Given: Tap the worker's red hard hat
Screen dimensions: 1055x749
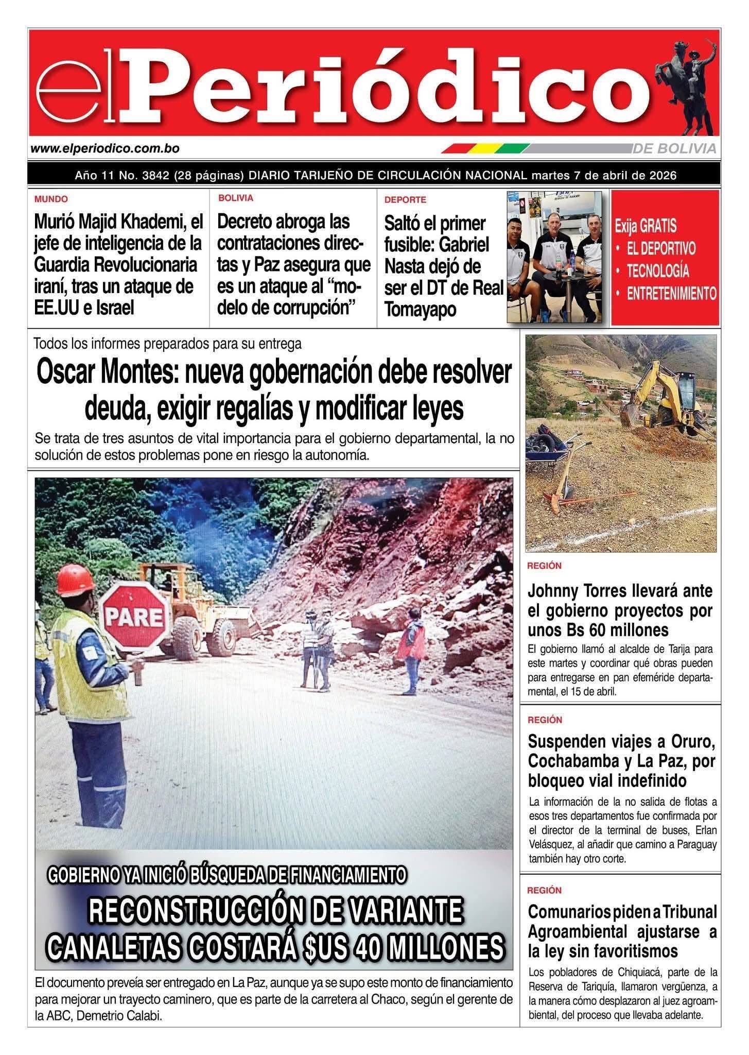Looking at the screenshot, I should tap(75, 579).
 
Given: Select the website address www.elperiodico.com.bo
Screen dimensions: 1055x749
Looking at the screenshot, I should tap(105, 149).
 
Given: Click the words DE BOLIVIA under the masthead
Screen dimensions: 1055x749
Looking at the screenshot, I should tap(674, 149).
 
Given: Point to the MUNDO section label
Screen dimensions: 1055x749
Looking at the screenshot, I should tap(51, 199).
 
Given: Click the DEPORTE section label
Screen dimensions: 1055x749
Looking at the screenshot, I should tap(405, 200).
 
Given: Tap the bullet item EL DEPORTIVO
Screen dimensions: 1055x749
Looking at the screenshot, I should tap(661, 248).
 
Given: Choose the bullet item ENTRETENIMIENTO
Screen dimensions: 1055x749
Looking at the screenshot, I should tap(671, 294).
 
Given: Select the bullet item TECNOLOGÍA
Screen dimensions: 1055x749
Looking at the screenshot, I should tap(657, 271).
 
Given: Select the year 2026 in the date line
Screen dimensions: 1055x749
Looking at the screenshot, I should tap(661, 176).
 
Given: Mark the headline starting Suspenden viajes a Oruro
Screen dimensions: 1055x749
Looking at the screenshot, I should tap(621, 761).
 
